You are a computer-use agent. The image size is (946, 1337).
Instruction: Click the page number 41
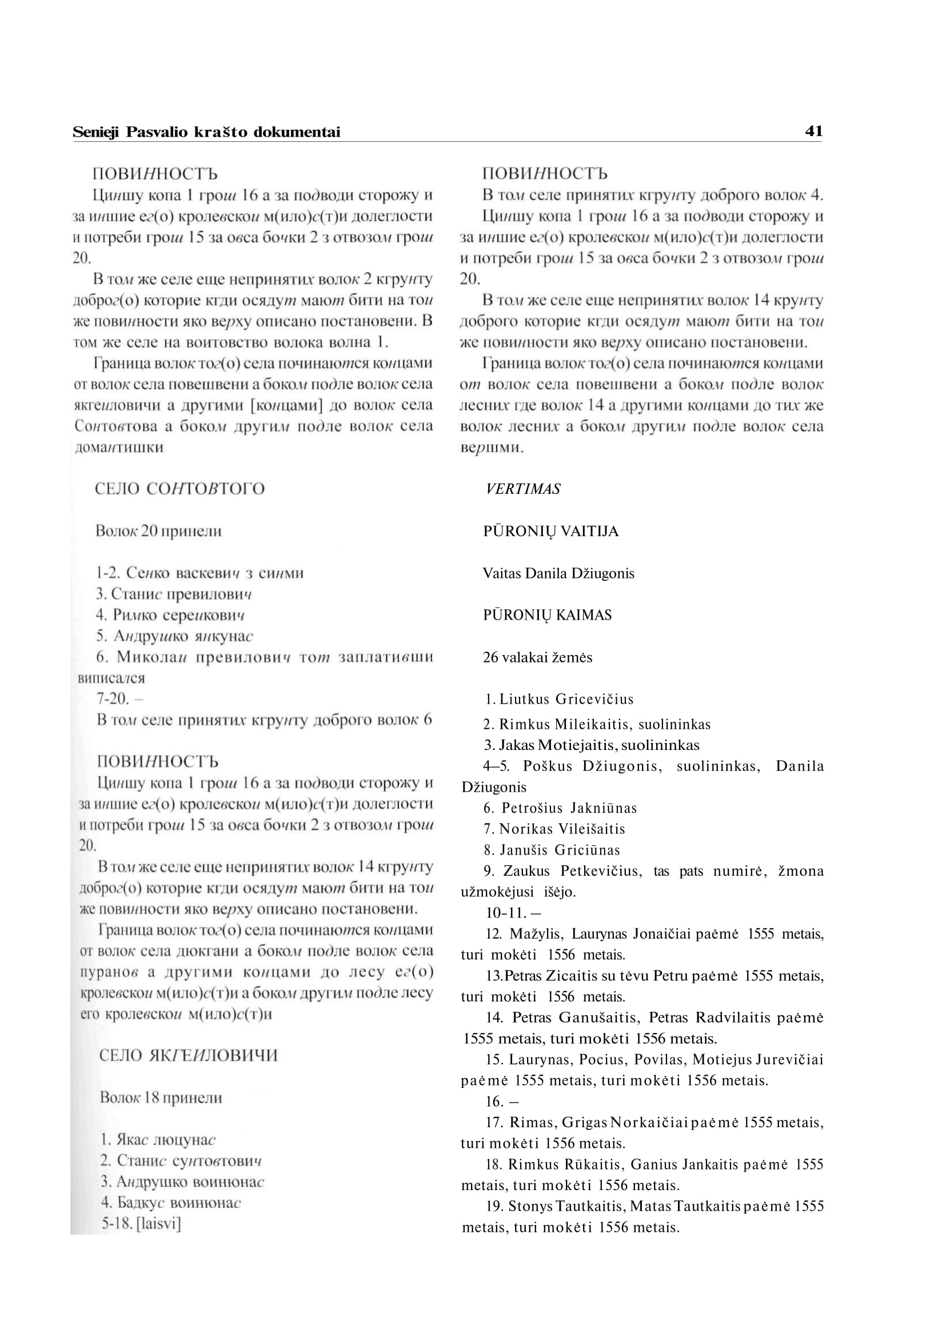coord(813,131)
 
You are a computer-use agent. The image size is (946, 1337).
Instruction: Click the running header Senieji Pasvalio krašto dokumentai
coord(206,132)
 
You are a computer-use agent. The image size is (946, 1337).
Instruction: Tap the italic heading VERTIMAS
coord(522,489)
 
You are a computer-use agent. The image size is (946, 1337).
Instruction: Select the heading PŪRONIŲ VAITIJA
coord(550,531)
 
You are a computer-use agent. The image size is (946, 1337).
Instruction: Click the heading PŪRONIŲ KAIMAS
coord(547,615)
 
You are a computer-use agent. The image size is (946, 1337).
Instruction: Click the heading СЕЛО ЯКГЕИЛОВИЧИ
coord(188,1056)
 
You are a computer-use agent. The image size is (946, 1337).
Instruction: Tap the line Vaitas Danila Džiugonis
coord(558,573)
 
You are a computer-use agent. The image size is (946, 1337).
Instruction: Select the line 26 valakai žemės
coord(537,657)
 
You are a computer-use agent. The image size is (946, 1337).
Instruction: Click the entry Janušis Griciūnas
coord(559,850)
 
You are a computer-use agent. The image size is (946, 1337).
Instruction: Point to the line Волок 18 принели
coord(161,1097)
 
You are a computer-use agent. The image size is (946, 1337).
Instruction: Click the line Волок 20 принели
coord(158,530)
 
